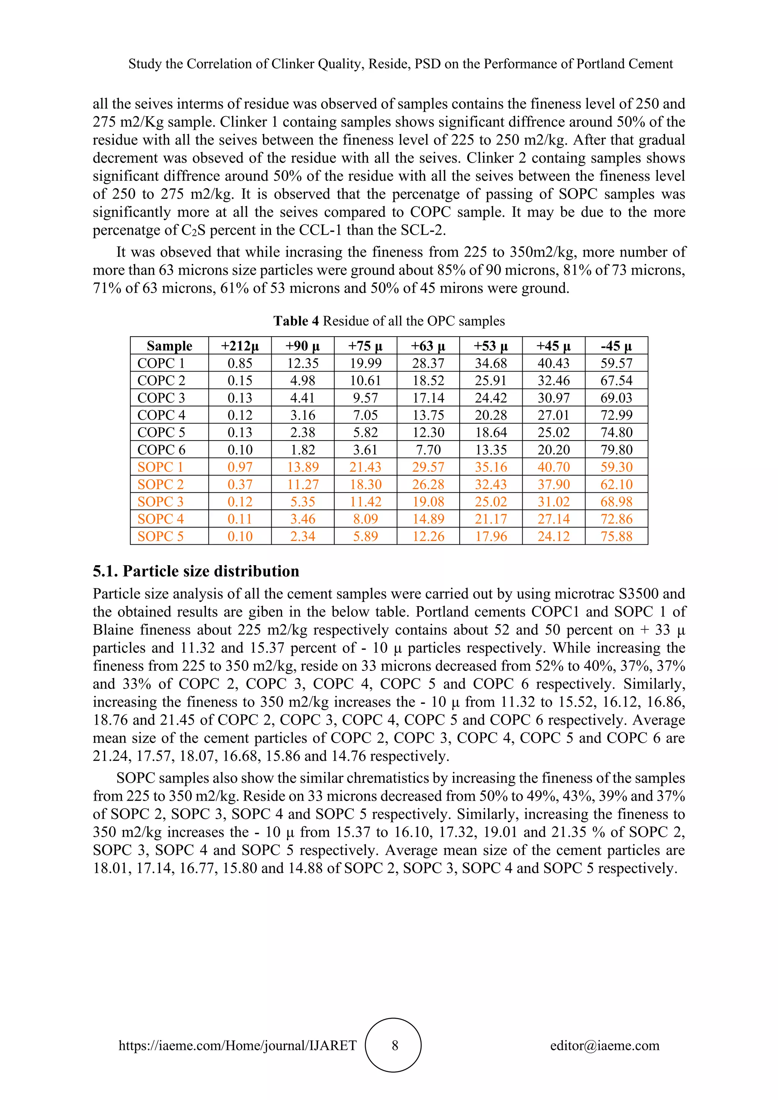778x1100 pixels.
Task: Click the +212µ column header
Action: (240, 346)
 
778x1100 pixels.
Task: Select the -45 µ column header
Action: (616, 346)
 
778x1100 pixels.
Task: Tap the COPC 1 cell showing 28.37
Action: (428, 363)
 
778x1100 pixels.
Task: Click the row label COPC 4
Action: (161, 415)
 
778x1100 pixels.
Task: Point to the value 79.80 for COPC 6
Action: (616, 450)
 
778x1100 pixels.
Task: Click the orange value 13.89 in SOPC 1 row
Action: (302, 467)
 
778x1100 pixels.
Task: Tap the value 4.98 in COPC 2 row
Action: (302, 380)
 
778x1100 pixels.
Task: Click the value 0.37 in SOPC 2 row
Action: (240, 484)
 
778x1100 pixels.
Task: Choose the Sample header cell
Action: (169, 346)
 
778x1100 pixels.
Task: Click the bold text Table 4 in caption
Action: (296, 321)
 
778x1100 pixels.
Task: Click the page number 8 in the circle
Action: (395, 1045)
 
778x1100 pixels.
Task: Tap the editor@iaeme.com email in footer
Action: (604, 1045)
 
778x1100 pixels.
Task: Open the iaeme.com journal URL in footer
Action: (237, 1045)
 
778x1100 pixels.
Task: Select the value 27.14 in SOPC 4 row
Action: (553, 519)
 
